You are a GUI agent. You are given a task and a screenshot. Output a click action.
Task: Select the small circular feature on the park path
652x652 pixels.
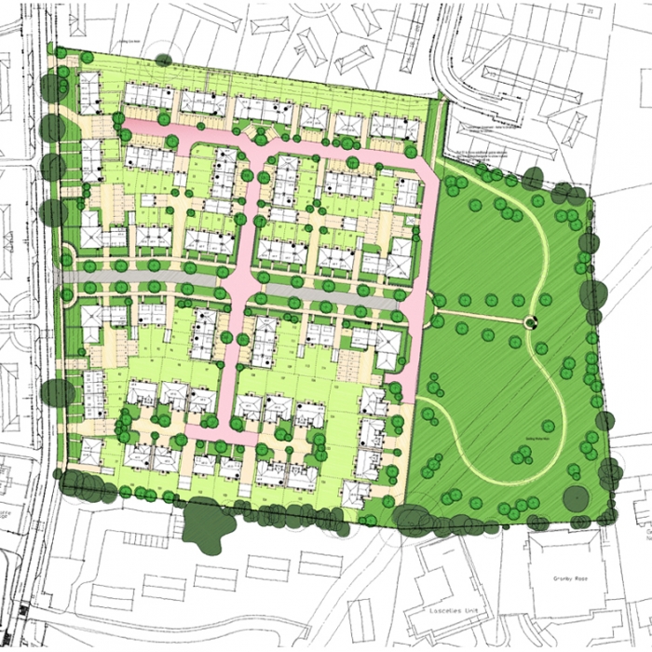click(x=531, y=322)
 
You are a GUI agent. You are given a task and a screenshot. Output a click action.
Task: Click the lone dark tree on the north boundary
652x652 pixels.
click(x=164, y=59)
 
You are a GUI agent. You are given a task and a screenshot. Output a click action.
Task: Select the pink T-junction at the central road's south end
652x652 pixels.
click(x=224, y=431)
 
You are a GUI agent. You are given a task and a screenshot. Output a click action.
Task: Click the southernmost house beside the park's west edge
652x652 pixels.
click(x=357, y=492)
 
